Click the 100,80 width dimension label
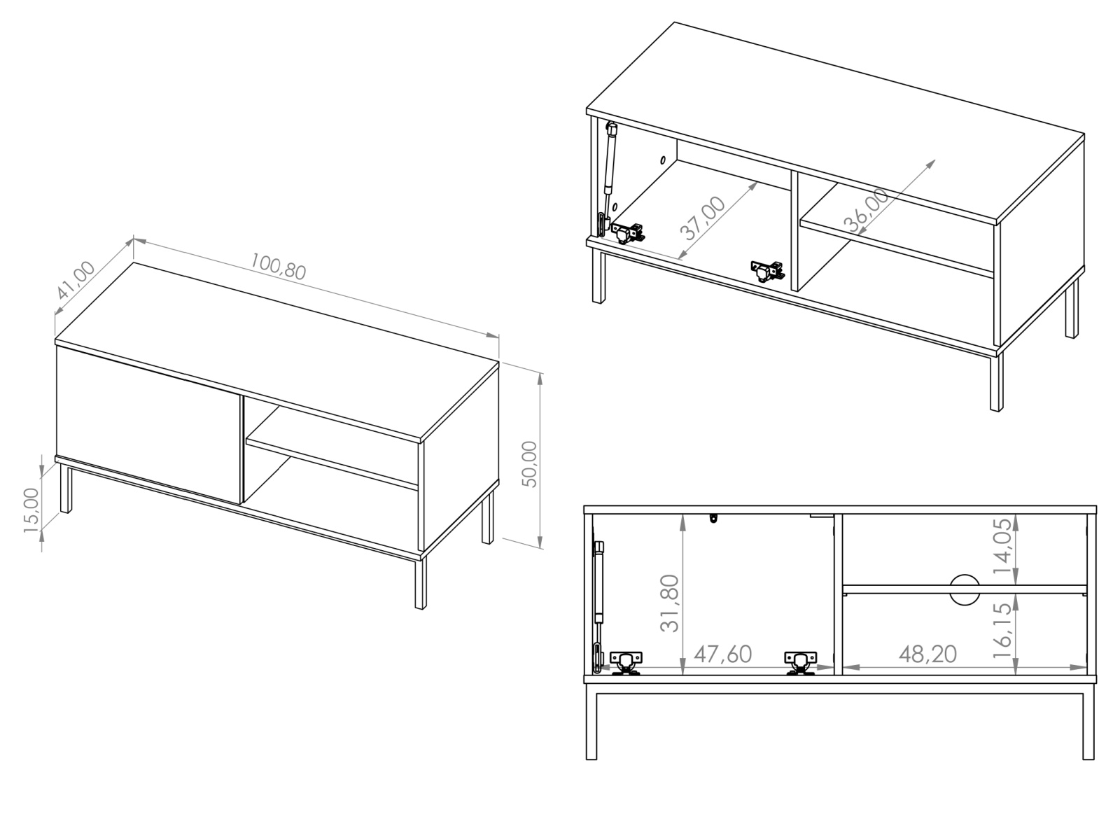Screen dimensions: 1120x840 click(278, 266)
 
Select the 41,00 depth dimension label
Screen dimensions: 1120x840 click(76, 279)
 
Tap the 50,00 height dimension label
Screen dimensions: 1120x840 click(530, 464)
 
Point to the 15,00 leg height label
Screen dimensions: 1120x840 click(31, 510)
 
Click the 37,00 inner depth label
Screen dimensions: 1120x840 click(703, 218)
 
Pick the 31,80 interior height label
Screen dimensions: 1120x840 click(669, 603)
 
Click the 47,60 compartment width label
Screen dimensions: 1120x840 click(722, 654)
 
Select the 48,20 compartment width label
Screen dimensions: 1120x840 click(927, 654)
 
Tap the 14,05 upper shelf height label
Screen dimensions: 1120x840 click(1002, 546)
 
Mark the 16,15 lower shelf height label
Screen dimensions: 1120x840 click(1002, 631)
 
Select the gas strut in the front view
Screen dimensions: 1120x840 click(598, 606)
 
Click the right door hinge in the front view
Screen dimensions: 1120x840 click(799, 663)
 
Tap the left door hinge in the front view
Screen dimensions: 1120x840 click(626, 663)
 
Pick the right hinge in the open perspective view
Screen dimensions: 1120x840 click(767, 271)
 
